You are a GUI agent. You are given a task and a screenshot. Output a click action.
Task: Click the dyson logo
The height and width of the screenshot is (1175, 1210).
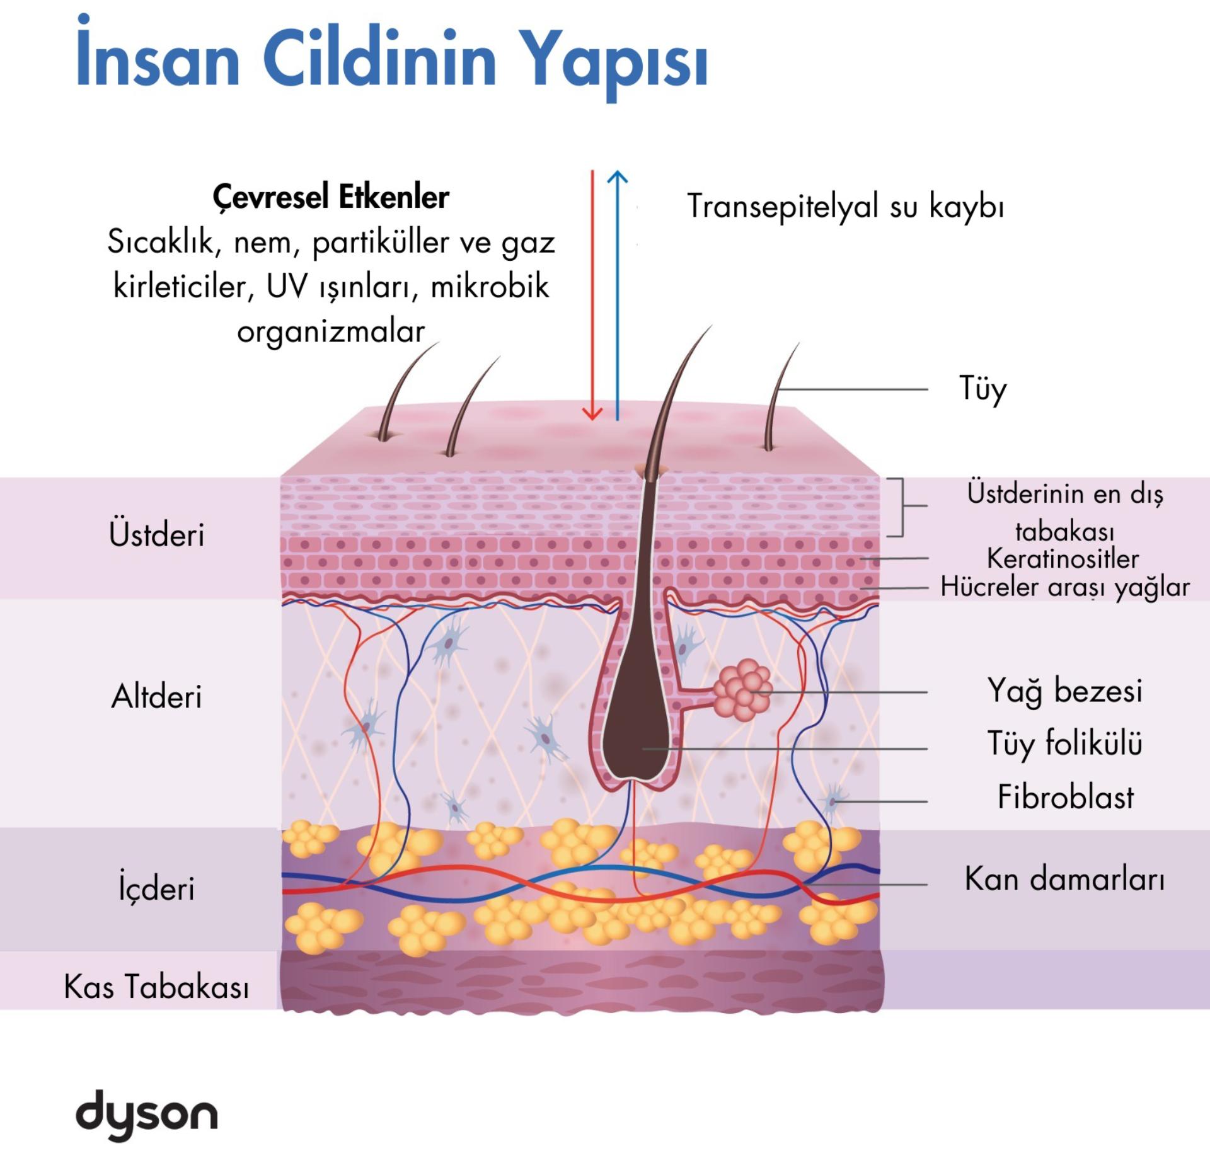click(x=146, y=1115)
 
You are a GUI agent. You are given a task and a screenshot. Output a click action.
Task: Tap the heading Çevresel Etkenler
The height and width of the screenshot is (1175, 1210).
click(x=331, y=197)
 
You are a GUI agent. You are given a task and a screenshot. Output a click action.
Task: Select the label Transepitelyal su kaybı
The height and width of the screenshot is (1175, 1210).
click(x=845, y=206)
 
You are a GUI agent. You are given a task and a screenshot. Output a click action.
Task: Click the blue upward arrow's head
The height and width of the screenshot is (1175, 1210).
click(x=618, y=177)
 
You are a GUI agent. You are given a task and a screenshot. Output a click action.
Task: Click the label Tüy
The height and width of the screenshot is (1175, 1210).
click(x=982, y=389)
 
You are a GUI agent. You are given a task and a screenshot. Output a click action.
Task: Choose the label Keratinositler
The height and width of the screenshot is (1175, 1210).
click(x=1063, y=558)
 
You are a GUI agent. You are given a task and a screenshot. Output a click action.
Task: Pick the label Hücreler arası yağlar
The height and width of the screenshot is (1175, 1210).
click(x=1064, y=587)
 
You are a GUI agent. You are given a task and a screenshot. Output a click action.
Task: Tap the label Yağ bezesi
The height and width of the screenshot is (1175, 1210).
click(x=1064, y=691)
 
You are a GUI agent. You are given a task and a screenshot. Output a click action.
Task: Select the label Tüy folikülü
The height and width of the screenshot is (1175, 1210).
click(x=1064, y=743)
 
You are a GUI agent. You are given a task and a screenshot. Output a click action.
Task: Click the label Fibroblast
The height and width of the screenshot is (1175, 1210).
click(x=1065, y=797)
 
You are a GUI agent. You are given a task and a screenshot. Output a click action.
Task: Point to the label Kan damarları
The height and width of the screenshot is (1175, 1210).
click(x=1064, y=878)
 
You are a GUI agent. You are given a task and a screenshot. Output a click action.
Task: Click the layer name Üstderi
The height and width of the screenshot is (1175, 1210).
click(x=157, y=534)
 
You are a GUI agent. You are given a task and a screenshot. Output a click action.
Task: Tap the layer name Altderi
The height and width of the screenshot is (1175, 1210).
click(x=157, y=697)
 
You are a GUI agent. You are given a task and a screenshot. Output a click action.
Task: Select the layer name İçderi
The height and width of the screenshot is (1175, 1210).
click(x=157, y=888)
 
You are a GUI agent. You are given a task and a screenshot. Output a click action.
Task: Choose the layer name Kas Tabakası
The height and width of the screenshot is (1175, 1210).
click(x=157, y=987)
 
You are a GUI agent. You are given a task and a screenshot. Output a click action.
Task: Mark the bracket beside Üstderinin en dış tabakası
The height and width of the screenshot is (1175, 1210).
click(x=902, y=507)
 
